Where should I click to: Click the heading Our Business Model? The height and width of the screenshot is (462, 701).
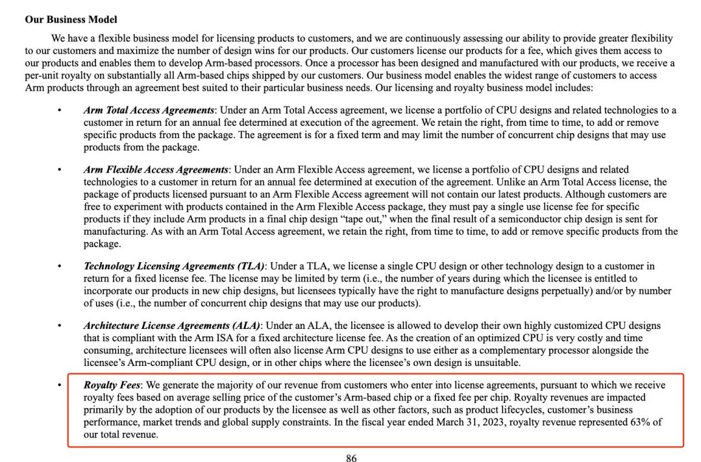point(71,20)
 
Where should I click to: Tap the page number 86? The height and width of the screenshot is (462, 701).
point(351,458)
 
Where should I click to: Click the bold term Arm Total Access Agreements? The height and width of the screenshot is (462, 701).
point(149,110)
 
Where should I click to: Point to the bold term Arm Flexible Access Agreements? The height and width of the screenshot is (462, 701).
point(156,170)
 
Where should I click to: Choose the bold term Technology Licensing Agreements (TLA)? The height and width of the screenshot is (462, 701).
point(175,266)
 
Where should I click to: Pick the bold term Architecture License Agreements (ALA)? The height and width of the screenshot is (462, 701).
point(172,326)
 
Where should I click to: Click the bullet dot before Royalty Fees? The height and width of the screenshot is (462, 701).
point(60,385)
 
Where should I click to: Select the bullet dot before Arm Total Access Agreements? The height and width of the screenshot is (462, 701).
point(60,110)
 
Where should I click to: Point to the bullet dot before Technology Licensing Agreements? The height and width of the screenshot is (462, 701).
point(60,266)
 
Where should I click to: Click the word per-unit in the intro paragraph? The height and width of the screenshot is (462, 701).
point(45,75)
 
